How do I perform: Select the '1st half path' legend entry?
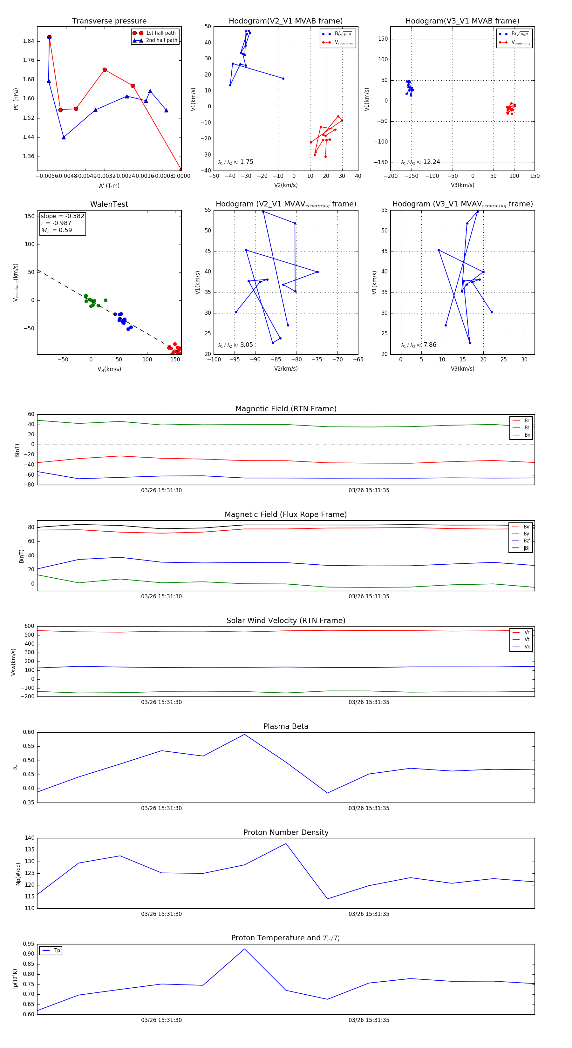tap(160, 33)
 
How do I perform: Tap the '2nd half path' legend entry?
tap(161, 40)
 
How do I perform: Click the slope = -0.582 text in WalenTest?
tap(62, 216)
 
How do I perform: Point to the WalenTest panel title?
tap(109, 204)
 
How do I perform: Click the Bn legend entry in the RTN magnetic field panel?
tap(527, 435)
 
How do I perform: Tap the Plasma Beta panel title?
tap(286, 726)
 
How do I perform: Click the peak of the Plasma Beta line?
tap(244, 734)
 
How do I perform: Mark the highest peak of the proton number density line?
tap(286, 843)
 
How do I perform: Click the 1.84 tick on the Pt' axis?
tap(29, 41)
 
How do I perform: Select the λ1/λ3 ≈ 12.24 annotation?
tap(420, 162)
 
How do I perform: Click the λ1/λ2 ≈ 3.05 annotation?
tap(235, 345)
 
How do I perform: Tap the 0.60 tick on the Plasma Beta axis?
tap(29, 732)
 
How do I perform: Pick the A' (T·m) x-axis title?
tap(109, 185)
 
